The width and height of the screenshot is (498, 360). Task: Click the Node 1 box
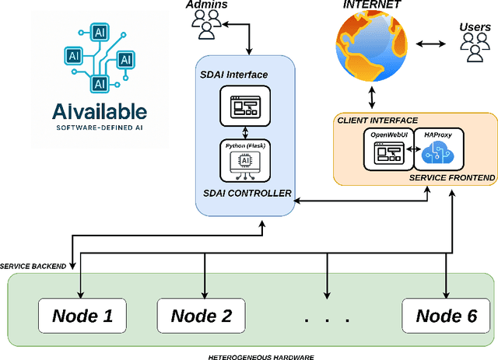[83, 316]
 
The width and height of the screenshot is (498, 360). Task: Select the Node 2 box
[202, 316]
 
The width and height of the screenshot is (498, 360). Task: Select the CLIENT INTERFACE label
[377, 120]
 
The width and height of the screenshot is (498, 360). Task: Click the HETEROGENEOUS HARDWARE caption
[250, 355]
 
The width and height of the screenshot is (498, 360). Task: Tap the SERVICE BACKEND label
[33, 267]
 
